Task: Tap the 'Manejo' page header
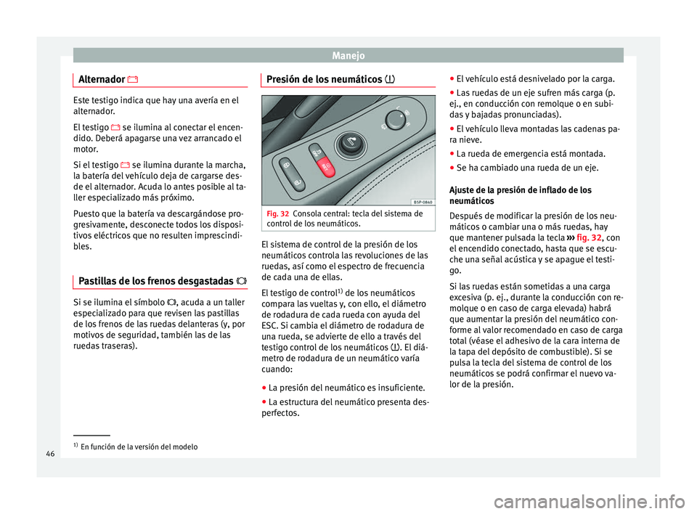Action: (348, 54)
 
